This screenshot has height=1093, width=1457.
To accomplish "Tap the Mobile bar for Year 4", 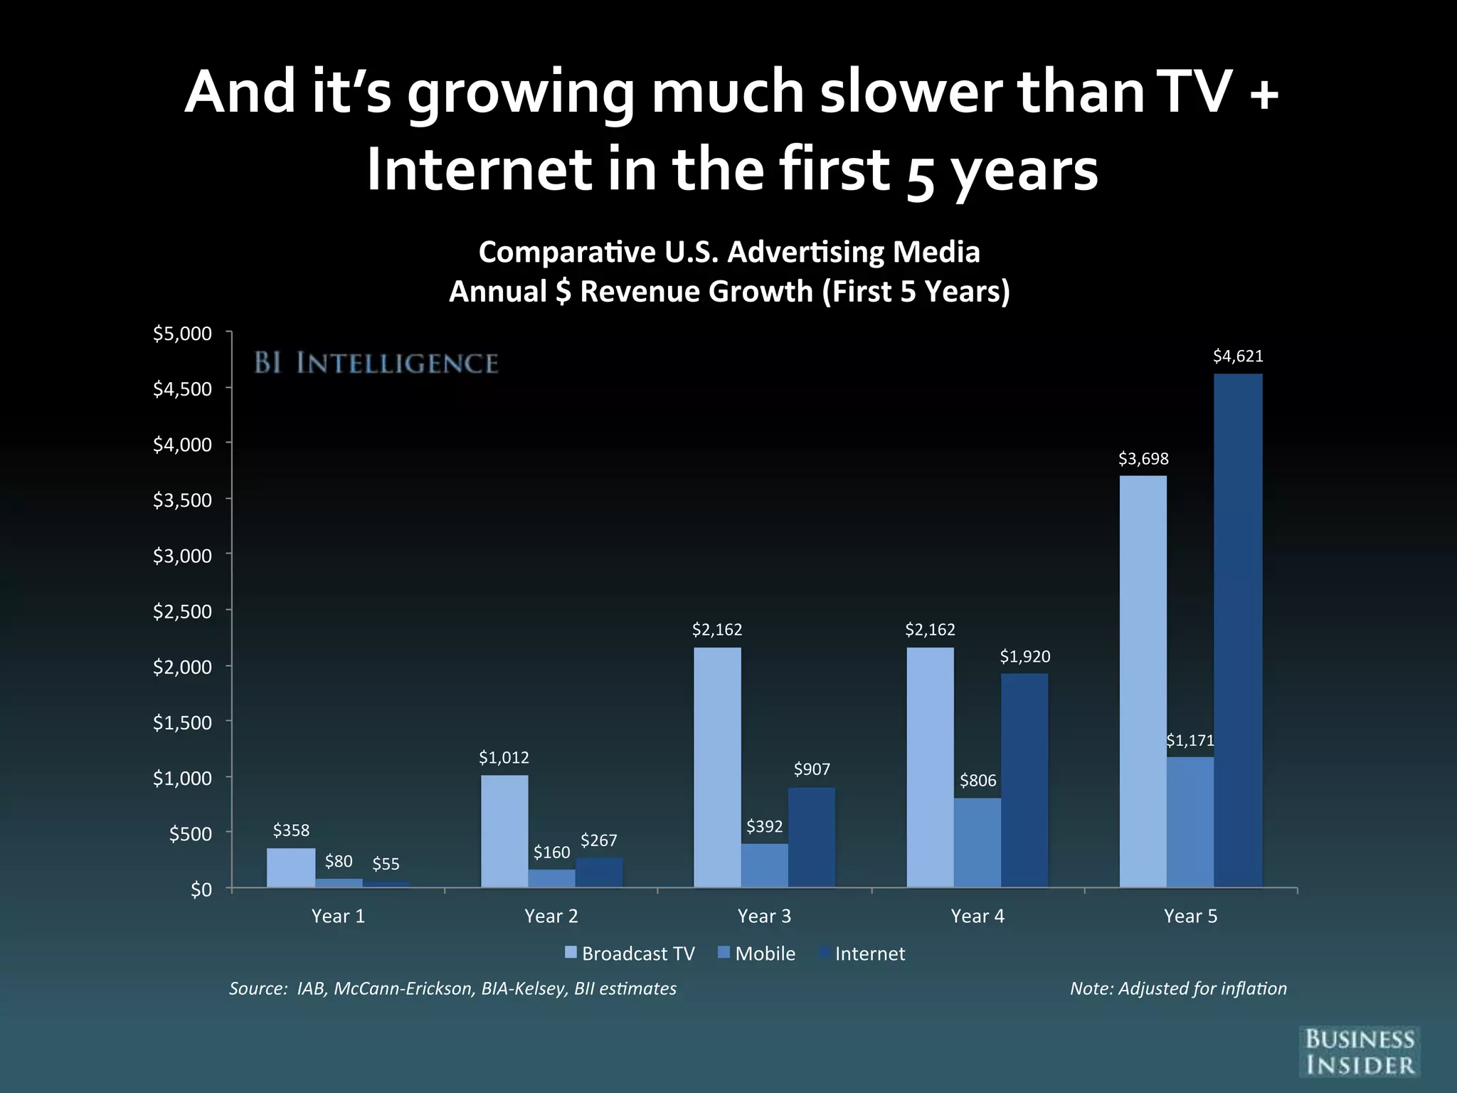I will coord(977,843).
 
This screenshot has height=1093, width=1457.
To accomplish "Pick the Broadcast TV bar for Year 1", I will coord(291,867).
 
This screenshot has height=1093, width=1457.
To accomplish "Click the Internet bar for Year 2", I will coord(599,872).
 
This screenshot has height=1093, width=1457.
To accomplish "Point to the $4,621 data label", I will coord(1238,357).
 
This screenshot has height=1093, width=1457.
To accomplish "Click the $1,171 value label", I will coord(1190,741).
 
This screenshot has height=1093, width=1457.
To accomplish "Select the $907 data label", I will coord(812,769).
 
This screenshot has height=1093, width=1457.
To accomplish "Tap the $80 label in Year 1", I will coord(339,862).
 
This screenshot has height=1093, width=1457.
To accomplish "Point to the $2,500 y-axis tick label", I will coord(183,611).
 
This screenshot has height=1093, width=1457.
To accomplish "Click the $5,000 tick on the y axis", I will coord(183,333).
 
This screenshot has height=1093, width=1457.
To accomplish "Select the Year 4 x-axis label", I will coord(977,917).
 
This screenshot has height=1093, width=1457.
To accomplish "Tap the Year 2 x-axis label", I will coord(551,917).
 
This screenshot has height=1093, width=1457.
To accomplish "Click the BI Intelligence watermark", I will coord(376,364).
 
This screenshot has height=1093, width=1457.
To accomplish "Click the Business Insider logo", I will coord(1360,1051).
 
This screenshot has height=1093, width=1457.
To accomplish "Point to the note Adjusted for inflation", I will coord(1178,988).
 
